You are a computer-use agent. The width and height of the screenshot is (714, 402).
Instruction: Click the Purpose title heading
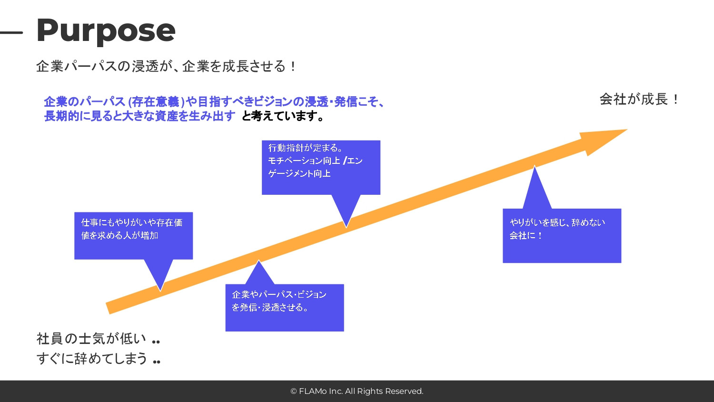106,30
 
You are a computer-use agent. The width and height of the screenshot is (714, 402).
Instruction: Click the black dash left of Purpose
11,33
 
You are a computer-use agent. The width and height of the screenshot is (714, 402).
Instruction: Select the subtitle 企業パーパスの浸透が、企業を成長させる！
166,66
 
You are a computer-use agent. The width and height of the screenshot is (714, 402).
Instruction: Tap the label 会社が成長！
639,100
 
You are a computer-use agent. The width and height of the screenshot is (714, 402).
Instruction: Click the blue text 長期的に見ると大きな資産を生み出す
139,116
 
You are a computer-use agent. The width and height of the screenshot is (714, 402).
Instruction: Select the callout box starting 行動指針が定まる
321,167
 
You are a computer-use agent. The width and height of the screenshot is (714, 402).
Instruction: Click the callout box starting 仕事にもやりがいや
133,235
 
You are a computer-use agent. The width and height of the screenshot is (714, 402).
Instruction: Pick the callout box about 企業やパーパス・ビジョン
284,308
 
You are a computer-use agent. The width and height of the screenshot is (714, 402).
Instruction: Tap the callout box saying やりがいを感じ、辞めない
562,235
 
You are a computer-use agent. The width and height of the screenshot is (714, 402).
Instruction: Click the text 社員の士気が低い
91,339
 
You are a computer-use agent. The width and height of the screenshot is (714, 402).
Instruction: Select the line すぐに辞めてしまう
92,358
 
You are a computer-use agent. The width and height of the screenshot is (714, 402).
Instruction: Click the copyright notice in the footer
357,391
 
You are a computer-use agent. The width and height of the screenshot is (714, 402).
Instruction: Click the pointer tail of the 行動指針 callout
347,212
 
